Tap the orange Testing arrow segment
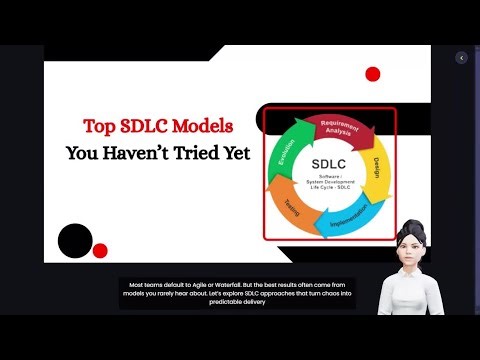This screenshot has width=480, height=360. coord(290,207)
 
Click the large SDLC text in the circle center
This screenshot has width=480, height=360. coord(332,164)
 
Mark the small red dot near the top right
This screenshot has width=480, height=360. coord(373,74)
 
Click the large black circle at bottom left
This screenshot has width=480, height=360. coord(75,240)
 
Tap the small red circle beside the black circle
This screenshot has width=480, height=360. coord(99,250)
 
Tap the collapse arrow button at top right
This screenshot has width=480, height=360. coord(461,58)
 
